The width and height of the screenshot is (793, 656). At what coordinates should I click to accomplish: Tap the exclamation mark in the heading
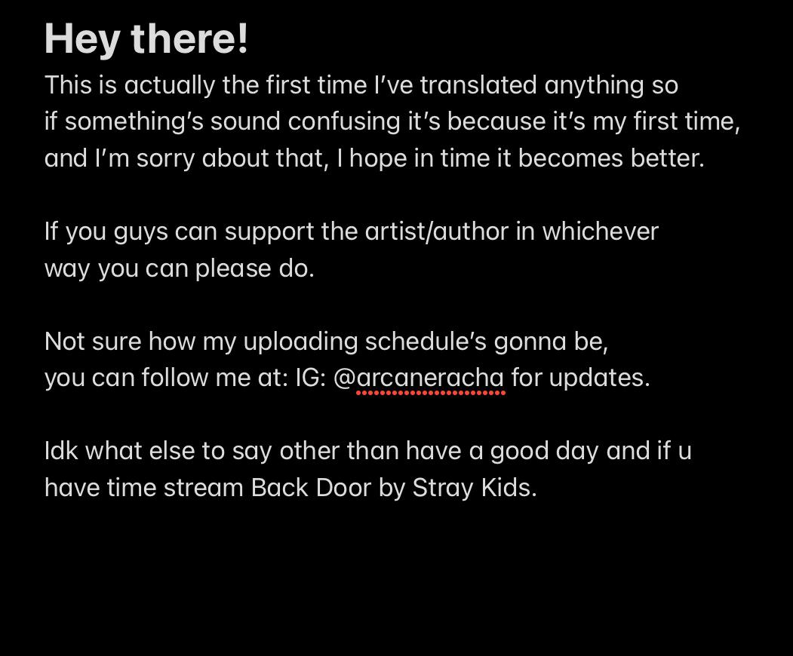(x=242, y=38)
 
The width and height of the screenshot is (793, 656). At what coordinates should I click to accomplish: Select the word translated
(x=478, y=84)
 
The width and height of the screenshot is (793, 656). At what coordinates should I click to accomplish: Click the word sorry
(x=165, y=158)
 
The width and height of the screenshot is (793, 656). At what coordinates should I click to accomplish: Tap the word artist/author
(x=437, y=231)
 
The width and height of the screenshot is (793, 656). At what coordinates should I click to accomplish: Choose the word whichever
(x=601, y=231)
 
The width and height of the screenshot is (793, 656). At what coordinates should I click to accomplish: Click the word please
(x=234, y=269)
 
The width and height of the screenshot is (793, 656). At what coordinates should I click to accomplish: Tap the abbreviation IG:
(x=311, y=378)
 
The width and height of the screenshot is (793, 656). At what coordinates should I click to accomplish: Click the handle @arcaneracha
(x=419, y=378)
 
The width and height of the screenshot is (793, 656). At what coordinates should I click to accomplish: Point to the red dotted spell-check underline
(x=431, y=393)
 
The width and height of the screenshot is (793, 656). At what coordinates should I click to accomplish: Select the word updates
(x=599, y=379)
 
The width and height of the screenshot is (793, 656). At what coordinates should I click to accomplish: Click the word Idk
(x=61, y=451)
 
